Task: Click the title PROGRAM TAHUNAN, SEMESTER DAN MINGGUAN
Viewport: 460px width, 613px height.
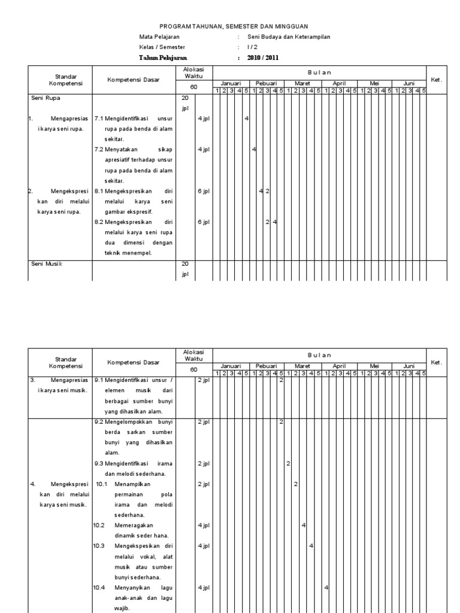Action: [233, 27]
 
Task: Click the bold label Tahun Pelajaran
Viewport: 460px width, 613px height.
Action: [163, 58]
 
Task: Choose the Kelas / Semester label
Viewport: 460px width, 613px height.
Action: [162, 47]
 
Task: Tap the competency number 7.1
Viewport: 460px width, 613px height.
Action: [99, 119]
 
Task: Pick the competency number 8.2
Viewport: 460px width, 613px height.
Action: [99, 222]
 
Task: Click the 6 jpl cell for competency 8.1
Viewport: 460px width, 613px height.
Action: [204, 192]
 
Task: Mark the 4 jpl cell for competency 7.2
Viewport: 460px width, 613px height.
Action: [204, 150]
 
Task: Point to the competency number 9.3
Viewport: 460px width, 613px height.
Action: [99, 463]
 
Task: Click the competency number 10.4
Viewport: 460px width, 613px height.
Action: [99, 588]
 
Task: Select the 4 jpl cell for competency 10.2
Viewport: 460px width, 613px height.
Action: [204, 526]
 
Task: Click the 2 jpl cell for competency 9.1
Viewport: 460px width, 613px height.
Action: [204, 380]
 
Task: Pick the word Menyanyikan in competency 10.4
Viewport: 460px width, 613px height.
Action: [132, 588]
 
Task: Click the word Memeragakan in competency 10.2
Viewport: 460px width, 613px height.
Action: [132, 526]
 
